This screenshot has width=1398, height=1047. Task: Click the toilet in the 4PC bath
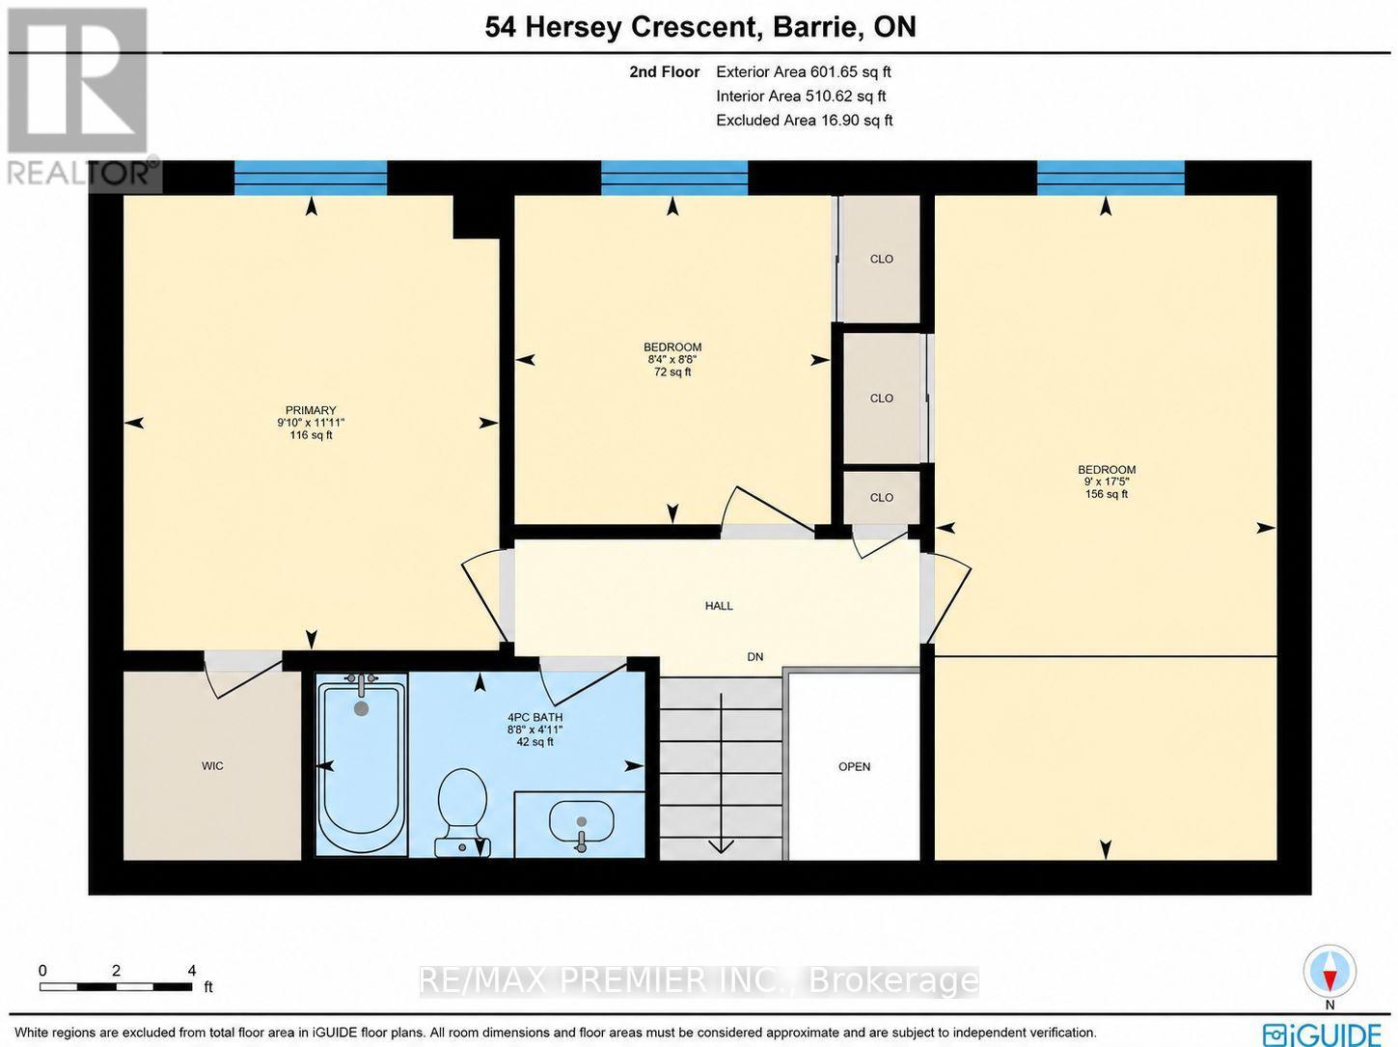[x=462, y=812]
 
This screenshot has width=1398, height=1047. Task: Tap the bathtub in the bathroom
[x=362, y=764]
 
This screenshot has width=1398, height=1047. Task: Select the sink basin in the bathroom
[x=581, y=821]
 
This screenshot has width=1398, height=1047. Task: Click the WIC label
[x=212, y=766]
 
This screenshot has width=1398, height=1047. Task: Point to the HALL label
[x=719, y=606]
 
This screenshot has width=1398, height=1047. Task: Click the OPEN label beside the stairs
[x=854, y=767]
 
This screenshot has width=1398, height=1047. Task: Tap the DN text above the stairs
[x=754, y=656]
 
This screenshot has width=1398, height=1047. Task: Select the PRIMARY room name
[x=310, y=411]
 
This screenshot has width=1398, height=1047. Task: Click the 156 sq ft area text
[x=1107, y=494]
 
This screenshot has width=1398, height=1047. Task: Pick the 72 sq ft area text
[x=672, y=372]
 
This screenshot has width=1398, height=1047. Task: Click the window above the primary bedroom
[x=311, y=178]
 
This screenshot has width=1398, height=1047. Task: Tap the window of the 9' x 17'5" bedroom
[x=1110, y=178]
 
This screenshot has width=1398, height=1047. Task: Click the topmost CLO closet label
[x=882, y=260]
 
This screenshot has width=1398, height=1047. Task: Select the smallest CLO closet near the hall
[x=882, y=497]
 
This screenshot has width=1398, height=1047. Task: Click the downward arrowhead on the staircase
[x=721, y=845]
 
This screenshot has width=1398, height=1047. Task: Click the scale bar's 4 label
[x=192, y=971]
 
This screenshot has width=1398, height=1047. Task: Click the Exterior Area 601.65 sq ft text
[x=803, y=72]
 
